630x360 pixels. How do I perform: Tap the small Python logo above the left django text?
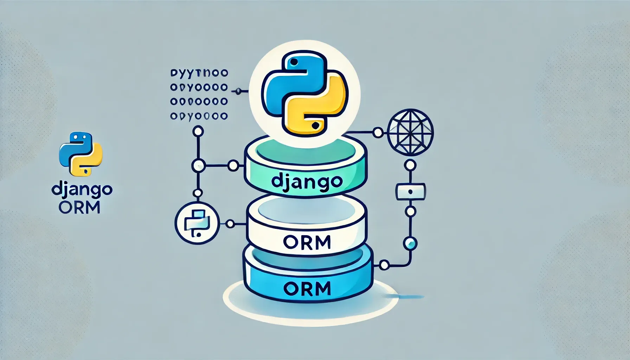click(x=81, y=154)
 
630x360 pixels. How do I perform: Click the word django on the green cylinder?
click(x=307, y=181)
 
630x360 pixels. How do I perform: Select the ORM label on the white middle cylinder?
click(x=307, y=242)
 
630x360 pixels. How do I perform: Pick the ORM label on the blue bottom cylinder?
click(x=307, y=289)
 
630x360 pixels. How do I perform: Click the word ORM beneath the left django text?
click(x=79, y=207)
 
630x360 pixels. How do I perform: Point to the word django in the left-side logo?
click(x=82, y=190)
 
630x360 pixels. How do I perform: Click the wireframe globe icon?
click(x=410, y=132)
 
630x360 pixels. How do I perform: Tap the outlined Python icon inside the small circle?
click(x=197, y=224)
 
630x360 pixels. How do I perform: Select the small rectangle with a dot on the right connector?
click(x=410, y=192)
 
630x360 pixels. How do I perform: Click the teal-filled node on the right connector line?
click(x=410, y=243)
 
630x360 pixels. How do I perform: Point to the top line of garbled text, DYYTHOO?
click(x=199, y=73)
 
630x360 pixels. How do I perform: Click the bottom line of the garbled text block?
click(x=199, y=116)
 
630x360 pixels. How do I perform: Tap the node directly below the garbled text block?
click(x=198, y=132)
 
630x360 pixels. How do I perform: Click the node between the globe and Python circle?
click(x=378, y=133)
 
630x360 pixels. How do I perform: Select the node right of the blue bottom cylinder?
click(x=384, y=265)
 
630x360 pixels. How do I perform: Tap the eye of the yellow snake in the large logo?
click(x=315, y=125)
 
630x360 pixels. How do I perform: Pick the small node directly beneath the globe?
click(x=410, y=165)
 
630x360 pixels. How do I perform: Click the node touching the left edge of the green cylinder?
click(x=233, y=166)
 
